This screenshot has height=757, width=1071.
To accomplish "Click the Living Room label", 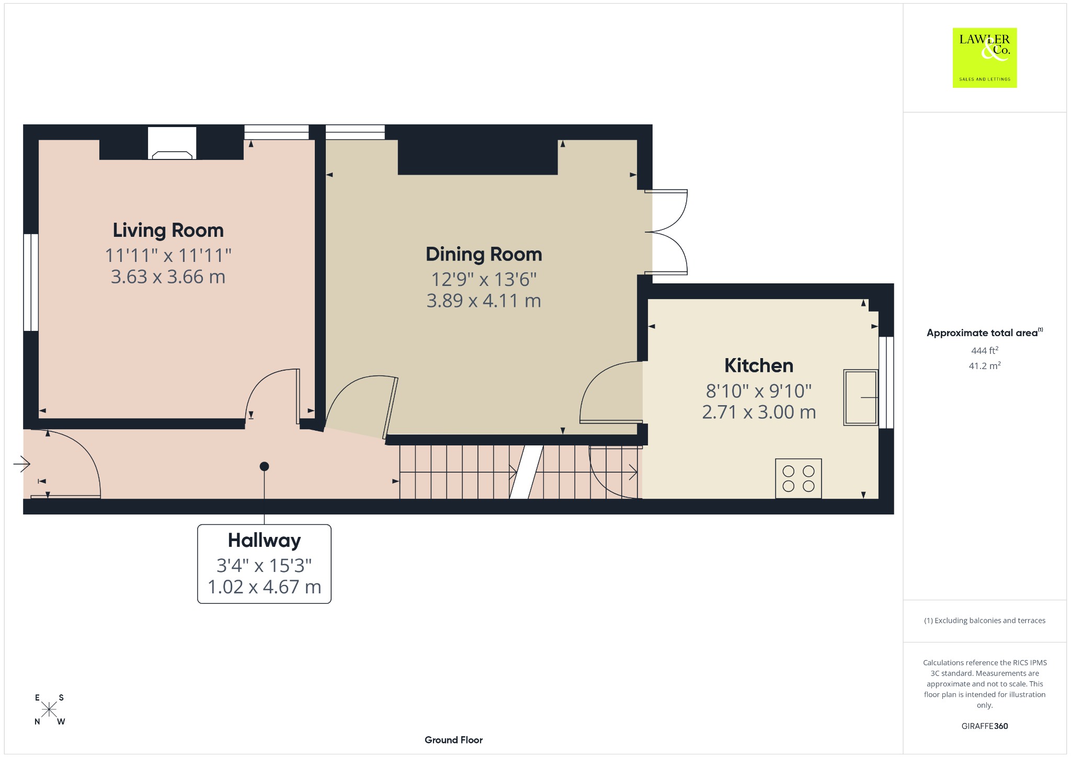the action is (x=168, y=231).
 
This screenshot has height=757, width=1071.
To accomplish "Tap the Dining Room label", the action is (x=484, y=255).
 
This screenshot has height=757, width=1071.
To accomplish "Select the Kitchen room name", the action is (x=759, y=365).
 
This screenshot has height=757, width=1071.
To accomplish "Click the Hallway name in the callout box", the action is (x=264, y=541).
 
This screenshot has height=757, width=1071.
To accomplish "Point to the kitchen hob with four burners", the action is (x=799, y=478).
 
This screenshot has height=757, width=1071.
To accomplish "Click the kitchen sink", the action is (x=861, y=397).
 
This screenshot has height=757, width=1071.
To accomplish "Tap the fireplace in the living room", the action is (x=172, y=143).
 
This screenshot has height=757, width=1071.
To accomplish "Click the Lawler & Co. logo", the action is (x=985, y=58).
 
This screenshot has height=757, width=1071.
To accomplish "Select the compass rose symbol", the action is (x=49, y=709).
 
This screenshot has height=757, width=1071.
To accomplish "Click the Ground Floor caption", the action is (x=453, y=740).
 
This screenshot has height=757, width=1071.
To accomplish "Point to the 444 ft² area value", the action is (x=985, y=350).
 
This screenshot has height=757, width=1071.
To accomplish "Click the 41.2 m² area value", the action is (x=985, y=365).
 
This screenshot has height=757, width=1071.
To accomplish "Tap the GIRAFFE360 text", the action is (x=985, y=726).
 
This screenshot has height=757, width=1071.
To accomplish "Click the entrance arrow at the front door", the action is (x=22, y=464).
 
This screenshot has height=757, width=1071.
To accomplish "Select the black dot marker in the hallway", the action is (x=264, y=466).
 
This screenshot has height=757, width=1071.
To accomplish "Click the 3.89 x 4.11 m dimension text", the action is (x=484, y=301).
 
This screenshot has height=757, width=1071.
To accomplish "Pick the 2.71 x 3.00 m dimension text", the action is (x=759, y=412).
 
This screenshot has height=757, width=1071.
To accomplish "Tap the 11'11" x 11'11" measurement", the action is (x=168, y=256).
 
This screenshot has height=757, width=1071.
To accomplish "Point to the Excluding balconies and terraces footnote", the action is (x=985, y=621).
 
